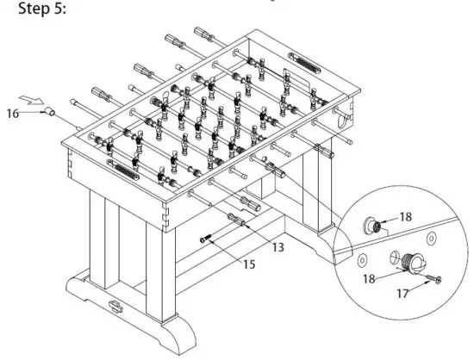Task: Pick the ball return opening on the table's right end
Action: coord(345,122)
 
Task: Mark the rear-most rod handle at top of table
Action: coord(208,36)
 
